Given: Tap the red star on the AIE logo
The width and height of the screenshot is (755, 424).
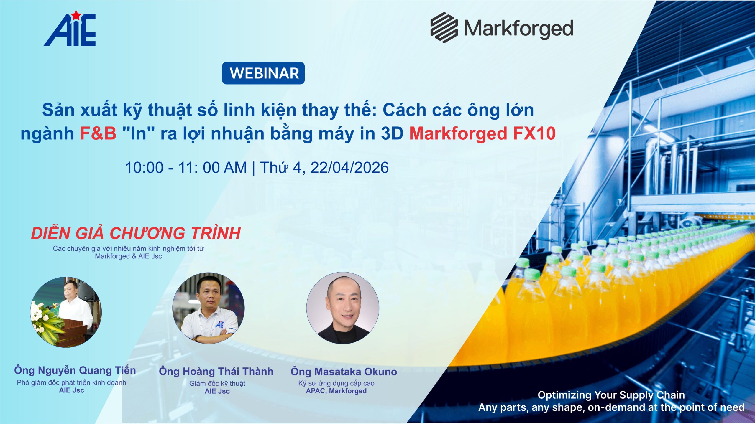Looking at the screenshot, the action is click(x=76, y=15).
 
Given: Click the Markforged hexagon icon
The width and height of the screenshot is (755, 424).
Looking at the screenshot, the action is click(x=444, y=27).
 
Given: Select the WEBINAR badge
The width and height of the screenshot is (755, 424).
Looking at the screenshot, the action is click(x=263, y=73).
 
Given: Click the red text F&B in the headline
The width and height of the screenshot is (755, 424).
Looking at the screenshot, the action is click(x=98, y=133).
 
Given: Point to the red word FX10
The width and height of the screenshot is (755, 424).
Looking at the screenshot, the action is click(x=534, y=133).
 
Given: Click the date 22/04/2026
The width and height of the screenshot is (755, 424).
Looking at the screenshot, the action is click(x=349, y=167).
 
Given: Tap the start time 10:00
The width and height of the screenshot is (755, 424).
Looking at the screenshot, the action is click(x=144, y=168).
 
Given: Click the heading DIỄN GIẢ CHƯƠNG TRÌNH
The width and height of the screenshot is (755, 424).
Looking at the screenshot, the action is click(x=136, y=233).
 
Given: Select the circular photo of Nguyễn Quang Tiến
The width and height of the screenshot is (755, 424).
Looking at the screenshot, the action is click(x=66, y=312).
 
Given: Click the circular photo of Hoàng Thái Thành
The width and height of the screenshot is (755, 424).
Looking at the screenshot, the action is click(x=209, y=308).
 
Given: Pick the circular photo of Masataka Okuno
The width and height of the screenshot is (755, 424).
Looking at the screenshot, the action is click(x=343, y=308).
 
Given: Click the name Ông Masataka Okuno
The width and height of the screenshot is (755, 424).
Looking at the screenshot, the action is click(x=344, y=372).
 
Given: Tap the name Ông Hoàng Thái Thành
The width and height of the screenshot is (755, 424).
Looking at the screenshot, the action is click(x=216, y=372).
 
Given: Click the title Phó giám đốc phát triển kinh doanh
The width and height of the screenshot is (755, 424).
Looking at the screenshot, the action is click(x=72, y=382).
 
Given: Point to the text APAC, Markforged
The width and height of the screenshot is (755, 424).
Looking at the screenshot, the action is click(x=336, y=391).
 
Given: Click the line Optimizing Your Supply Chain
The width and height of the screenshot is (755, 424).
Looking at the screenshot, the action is click(x=611, y=395).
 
